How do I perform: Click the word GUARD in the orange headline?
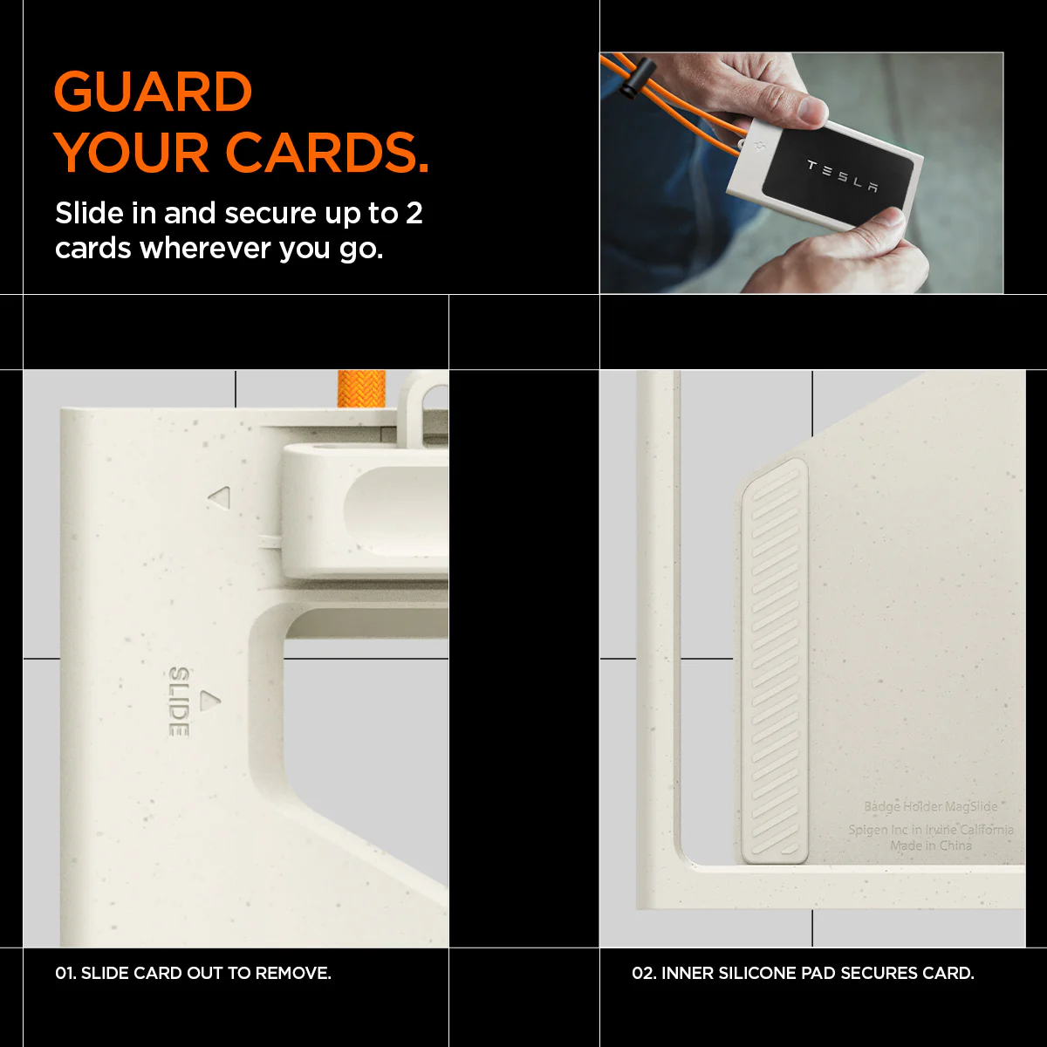point(153,92)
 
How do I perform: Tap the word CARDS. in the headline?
point(327,153)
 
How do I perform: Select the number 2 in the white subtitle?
point(414,213)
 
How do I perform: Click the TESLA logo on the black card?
point(842,175)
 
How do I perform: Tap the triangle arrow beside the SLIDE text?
point(210,701)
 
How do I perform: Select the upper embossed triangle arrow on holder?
point(220,497)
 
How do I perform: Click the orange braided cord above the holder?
point(361,388)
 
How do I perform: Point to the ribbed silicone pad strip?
point(775,660)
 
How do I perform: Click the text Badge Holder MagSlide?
point(931,807)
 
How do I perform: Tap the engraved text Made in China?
point(931,845)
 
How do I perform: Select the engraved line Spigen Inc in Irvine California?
point(931,830)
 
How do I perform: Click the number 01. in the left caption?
point(65,973)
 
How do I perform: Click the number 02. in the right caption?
point(644,973)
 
